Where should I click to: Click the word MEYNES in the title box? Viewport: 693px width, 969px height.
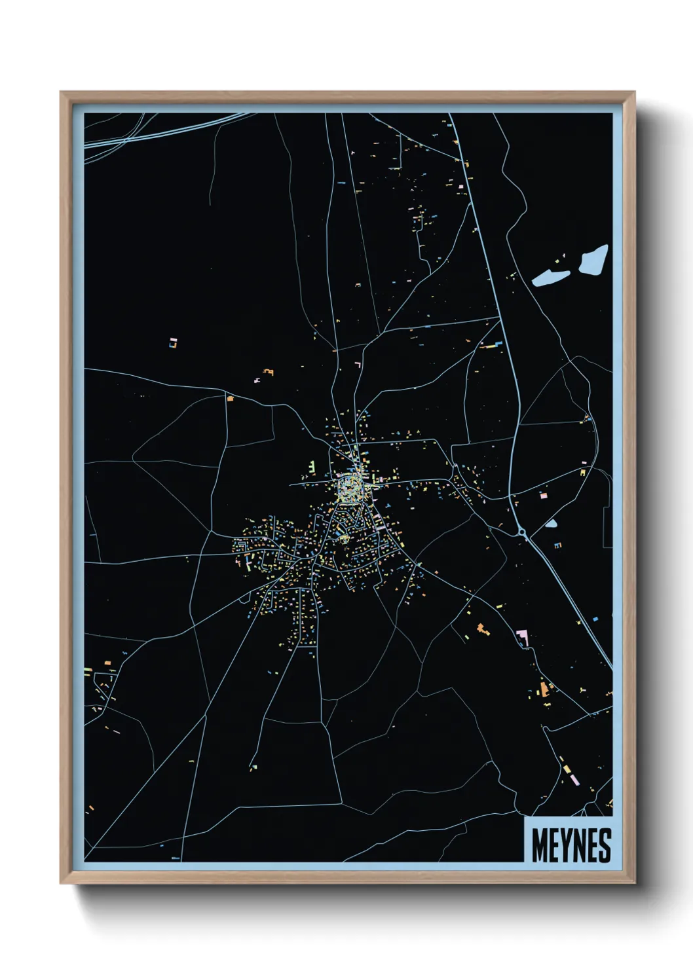pos(571,845)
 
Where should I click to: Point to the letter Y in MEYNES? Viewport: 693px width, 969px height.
pos(566,845)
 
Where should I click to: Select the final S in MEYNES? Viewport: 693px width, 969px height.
pos(605,845)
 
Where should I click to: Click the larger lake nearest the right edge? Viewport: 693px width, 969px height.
pos(593,260)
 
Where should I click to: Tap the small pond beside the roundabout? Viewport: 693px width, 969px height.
pos(551,524)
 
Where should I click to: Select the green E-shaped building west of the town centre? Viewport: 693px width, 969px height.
pos(312,467)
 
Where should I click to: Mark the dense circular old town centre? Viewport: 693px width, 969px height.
pos(350,488)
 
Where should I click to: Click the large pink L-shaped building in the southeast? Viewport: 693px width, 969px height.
pos(522,636)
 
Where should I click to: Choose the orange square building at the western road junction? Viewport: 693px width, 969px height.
pos(230,397)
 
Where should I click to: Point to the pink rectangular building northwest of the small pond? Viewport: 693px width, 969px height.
pos(543,496)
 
